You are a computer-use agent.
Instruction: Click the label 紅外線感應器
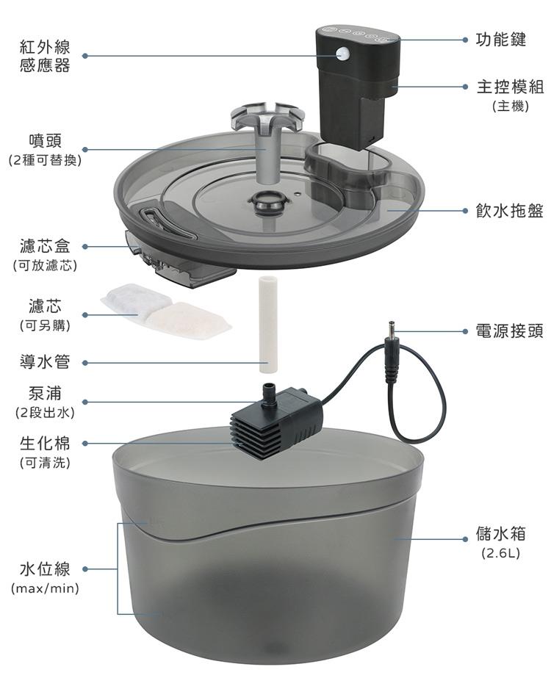coord(45,56)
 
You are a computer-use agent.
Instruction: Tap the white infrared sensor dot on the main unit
coord(342,54)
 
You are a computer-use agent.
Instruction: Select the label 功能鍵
coord(501,40)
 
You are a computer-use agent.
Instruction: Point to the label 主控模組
coord(510,87)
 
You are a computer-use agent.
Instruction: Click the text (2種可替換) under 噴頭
coord(45,160)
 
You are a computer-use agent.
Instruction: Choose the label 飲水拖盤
coord(510,211)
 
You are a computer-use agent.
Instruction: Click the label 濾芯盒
coord(45,246)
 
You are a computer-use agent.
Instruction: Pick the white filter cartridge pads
coord(166,311)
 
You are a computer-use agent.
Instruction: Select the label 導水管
coord(45,362)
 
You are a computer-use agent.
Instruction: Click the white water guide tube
coord(268,324)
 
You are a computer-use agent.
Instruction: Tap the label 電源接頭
coord(510,331)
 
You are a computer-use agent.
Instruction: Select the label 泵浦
coord(45,393)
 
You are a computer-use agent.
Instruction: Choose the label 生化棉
coord(45,443)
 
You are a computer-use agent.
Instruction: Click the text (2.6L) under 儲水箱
coord(501,553)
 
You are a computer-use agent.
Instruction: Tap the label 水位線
coord(45,569)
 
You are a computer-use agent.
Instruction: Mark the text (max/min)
coord(45,588)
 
